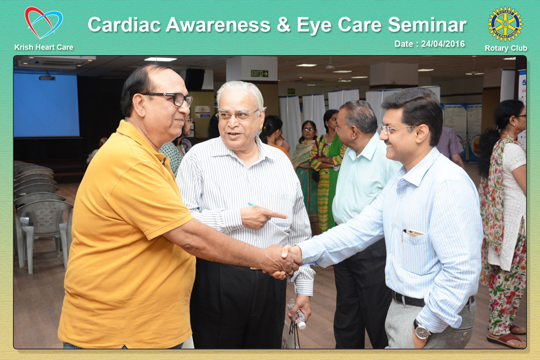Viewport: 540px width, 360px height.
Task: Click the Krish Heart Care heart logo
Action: click(x=43, y=23)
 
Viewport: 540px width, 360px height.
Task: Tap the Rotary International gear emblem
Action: click(x=505, y=24)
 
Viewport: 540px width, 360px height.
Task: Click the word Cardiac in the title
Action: click(x=125, y=25)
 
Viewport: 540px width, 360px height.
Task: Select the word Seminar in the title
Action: click(x=427, y=25)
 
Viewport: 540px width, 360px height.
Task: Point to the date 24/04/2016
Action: click(x=443, y=44)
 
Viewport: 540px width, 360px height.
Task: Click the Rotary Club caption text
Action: click(x=506, y=48)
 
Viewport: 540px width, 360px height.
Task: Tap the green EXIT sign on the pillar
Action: click(x=260, y=73)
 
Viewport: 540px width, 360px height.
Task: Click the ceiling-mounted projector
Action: click(x=47, y=77)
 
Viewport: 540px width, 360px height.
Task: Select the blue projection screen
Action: click(x=46, y=105)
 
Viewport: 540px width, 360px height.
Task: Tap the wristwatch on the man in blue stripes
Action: click(x=422, y=331)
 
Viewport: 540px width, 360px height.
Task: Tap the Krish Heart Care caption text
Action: click(x=44, y=48)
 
